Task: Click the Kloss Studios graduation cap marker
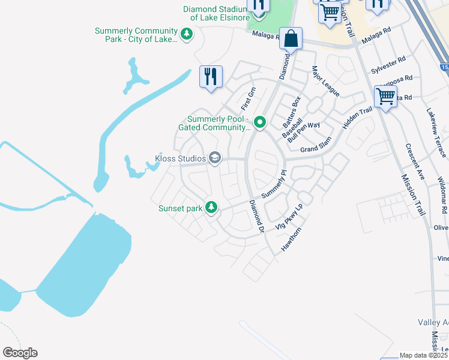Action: pos(215,158)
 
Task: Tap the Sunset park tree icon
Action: pos(211,208)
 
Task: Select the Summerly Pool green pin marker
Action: pos(260,122)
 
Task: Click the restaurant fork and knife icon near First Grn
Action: pos(211,77)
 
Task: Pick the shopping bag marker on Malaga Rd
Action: pos(291,39)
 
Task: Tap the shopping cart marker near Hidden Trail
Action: pos(385,97)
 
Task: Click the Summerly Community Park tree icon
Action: pos(187,35)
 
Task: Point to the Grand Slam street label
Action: pos(316,149)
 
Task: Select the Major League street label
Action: pos(325,82)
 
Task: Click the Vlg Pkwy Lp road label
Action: pos(289,219)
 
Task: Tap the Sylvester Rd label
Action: pos(388,65)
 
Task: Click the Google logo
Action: pos(20,353)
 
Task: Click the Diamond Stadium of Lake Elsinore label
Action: pos(215,13)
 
